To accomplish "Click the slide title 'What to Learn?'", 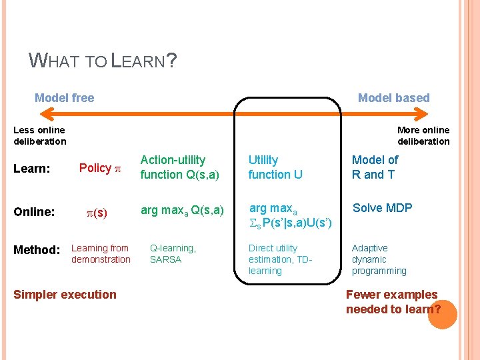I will point(103,61).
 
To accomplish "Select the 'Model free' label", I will point(65,98).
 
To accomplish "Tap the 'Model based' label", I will point(393,98).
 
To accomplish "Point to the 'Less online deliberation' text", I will point(40,135).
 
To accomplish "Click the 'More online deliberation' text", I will point(423,135).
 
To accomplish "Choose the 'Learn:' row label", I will point(32,169).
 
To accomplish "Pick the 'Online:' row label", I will point(34,212).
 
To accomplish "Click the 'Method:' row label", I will point(37,250).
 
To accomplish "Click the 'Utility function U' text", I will point(275,167).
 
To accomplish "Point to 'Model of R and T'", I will point(375,167).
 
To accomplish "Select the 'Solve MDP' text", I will point(383,208).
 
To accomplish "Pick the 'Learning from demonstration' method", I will point(101,253).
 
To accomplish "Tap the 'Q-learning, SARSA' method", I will point(173,253).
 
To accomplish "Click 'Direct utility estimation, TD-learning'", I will point(280,259).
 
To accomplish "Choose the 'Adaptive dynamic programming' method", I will point(379,259).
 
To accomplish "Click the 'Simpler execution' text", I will point(65,295).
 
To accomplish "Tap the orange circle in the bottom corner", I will point(442,313).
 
